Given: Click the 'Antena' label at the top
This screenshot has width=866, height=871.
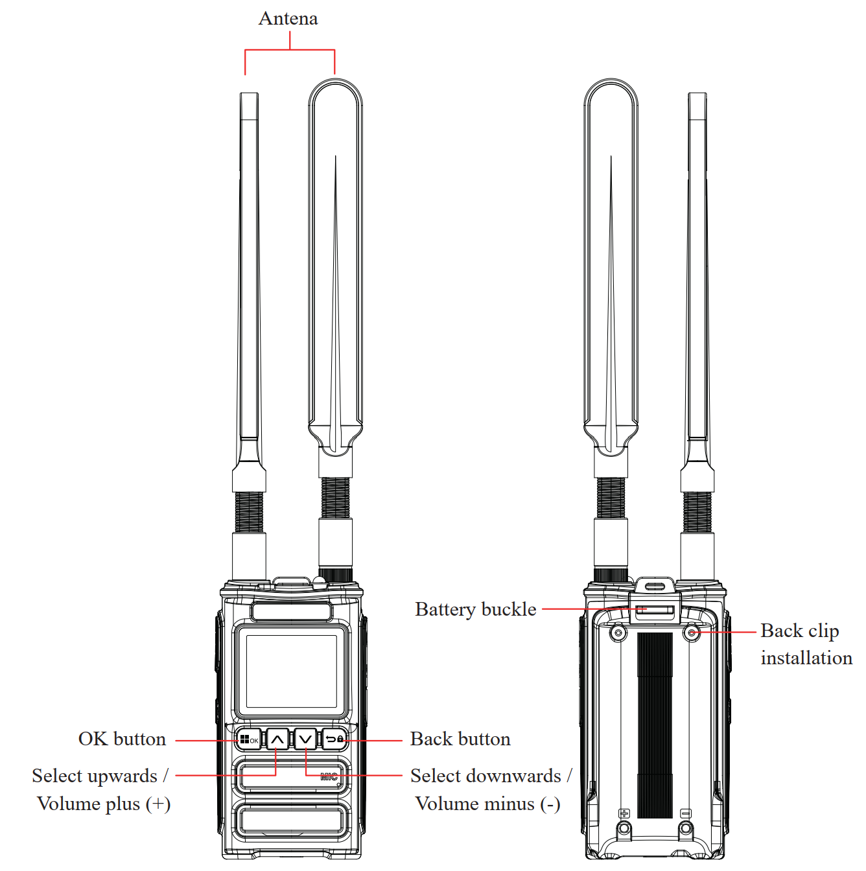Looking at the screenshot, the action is (288, 19).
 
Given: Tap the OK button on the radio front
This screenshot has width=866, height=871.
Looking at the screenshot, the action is (248, 740).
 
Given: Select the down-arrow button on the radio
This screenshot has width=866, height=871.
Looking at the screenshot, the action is (305, 739).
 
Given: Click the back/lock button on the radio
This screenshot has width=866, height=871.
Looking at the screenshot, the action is (334, 739).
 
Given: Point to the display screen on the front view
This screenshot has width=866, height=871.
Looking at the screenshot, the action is (291, 671).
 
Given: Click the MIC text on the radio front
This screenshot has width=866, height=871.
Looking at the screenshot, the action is (329, 776).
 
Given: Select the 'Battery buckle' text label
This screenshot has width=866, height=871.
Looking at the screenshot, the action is (476, 610).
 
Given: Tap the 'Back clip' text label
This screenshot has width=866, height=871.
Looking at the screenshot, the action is (799, 631).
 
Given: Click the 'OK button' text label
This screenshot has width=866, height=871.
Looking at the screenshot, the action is (122, 739).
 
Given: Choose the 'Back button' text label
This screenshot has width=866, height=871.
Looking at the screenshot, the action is (460, 739).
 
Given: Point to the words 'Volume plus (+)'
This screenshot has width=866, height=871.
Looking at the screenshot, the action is (104, 804).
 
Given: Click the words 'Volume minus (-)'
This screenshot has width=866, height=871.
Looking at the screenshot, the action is (488, 804).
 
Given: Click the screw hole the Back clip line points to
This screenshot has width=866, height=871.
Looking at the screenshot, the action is (691, 633).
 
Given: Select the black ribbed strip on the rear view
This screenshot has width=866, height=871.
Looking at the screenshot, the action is (655, 725).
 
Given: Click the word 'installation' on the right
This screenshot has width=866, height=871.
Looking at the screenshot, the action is (806, 658).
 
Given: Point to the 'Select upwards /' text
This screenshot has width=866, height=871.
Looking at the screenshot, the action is (100, 776).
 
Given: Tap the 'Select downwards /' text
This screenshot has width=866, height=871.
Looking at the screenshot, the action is (491, 776).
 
